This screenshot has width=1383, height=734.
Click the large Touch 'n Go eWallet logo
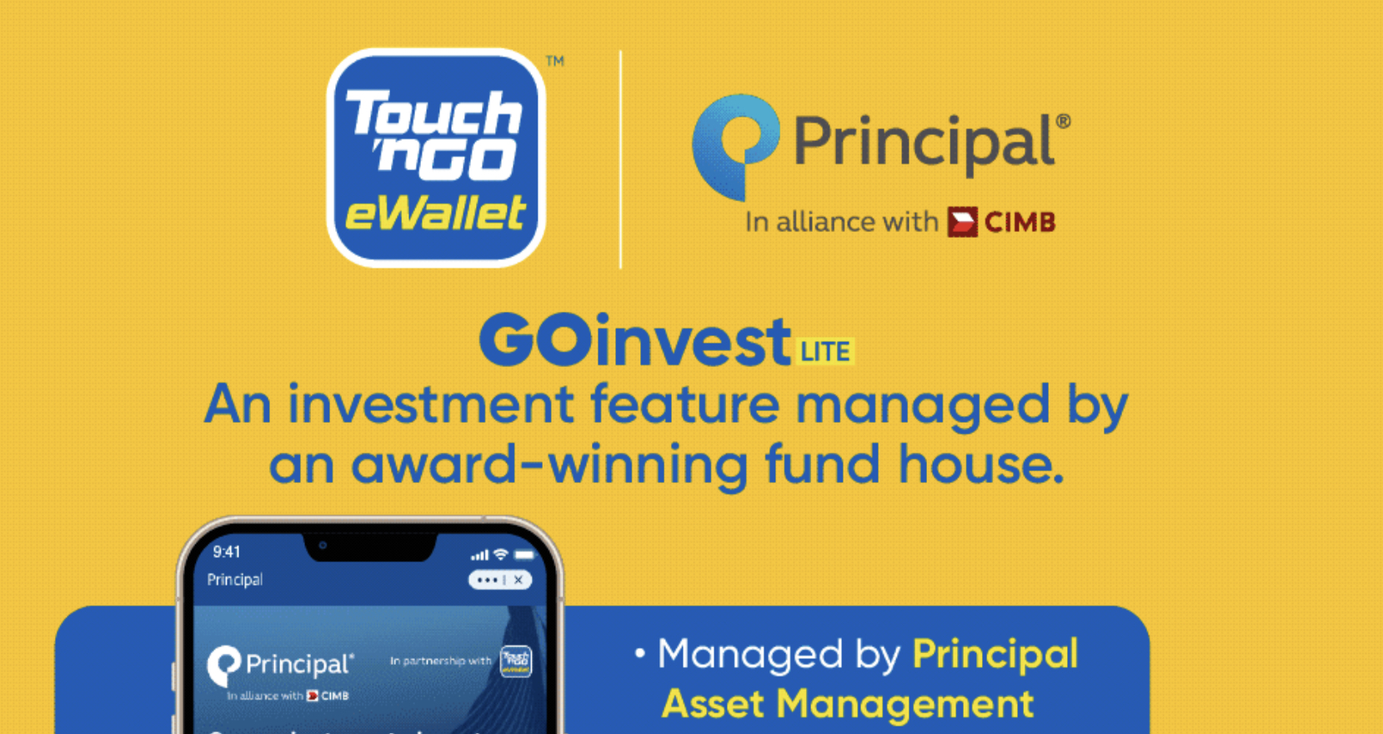435,157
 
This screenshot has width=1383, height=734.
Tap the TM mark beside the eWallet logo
555,61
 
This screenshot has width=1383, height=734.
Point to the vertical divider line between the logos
620,158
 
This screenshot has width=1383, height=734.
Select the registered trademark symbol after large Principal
1063,121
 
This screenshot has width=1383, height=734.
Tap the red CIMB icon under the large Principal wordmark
962,222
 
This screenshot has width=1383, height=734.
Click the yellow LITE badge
825,351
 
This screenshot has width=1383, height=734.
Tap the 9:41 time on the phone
227,552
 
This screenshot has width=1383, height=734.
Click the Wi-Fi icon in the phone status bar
500,554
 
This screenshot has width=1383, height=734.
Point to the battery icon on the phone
524,554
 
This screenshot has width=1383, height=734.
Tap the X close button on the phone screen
519,580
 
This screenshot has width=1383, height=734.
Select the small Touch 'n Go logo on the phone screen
515,661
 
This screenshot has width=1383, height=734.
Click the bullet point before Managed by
639,653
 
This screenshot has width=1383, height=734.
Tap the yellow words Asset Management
848,703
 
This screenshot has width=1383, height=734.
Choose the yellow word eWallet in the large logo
435,214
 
